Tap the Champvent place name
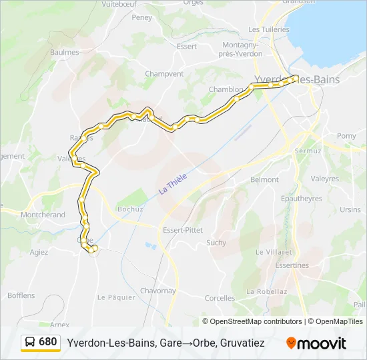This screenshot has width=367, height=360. tap(164, 74)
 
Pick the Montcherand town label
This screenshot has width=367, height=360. tap(43, 215)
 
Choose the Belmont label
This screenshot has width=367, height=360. tap(264, 180)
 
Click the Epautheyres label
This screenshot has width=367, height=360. tap(302, 198)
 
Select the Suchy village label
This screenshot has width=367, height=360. tap(216, 243)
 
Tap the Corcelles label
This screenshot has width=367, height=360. tap(220, 298)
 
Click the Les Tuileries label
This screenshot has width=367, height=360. tap(269, 29)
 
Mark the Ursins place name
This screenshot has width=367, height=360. tap(350, 209)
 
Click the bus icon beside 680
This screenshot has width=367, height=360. tap(31, 342)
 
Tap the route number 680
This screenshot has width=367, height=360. tap(48, 342)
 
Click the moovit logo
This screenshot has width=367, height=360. tap(316, 343)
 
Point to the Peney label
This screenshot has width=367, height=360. tap(142, 18)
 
